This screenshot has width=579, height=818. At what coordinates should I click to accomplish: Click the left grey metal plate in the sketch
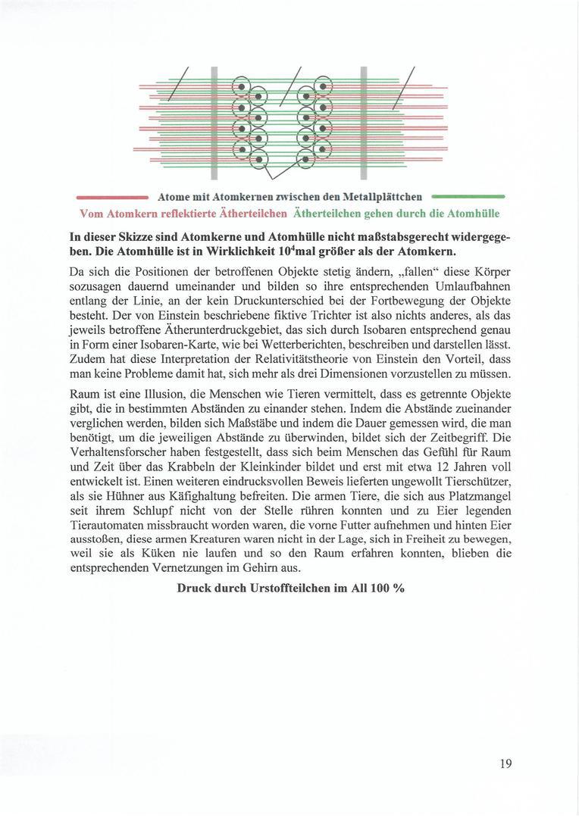214,121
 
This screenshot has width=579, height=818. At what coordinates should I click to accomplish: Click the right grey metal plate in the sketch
364,121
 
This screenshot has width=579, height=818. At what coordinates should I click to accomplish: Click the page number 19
505,763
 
